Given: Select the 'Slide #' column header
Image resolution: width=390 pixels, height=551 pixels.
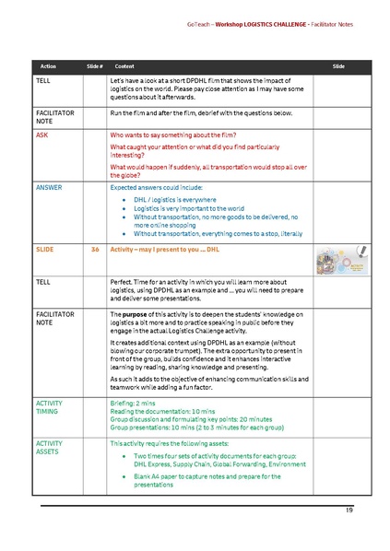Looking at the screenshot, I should [x=95, y=67].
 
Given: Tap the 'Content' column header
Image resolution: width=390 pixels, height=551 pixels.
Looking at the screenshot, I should [x=124, y=67].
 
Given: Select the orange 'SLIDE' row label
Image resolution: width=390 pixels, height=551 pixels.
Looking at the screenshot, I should [x=44, y=250].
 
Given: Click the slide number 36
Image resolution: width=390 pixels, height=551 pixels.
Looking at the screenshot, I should [x=95, y=250].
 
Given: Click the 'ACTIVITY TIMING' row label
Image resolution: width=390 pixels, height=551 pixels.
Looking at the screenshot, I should [x=50, y=407].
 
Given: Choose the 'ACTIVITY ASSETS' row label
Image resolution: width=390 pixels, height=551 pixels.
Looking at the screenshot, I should [x=50, y=448].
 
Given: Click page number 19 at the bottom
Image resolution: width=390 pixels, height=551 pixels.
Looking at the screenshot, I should [x=349, y=510].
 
